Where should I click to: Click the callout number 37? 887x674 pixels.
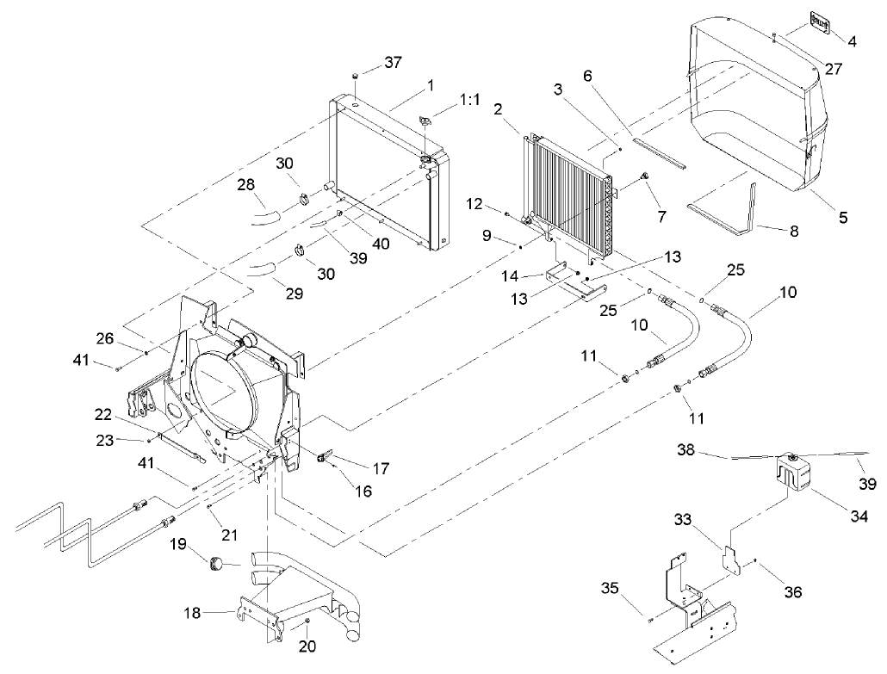(x=393, y=63)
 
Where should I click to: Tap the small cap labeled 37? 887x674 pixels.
(x=355, y=78)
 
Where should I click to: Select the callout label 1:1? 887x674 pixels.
(x=470, y=100)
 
